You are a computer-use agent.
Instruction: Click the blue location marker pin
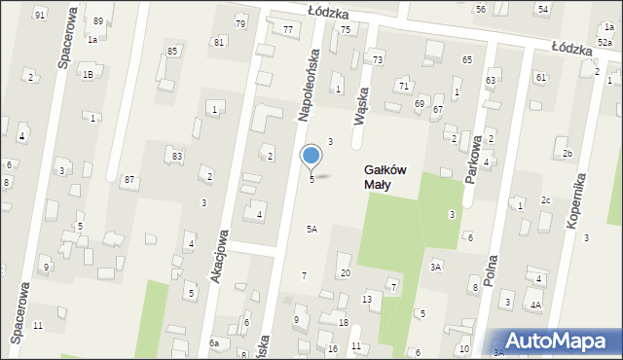tap(311, 157)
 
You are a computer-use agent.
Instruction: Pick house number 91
tap(40, 15)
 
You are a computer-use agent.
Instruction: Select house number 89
tap(98, 21)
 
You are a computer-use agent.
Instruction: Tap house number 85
tap(172, 51)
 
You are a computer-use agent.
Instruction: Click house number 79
tap(240, 23)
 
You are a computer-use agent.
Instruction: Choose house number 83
tap(176, 156)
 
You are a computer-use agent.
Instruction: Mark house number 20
tap(346, 272)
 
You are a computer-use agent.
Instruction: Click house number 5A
tap(311, 229)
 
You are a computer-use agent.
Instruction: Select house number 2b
tap(567, 154)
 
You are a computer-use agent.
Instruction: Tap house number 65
tap(467, 60)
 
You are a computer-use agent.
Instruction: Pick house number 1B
tap(88, 74)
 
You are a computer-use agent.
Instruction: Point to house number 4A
tap(535, 305)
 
